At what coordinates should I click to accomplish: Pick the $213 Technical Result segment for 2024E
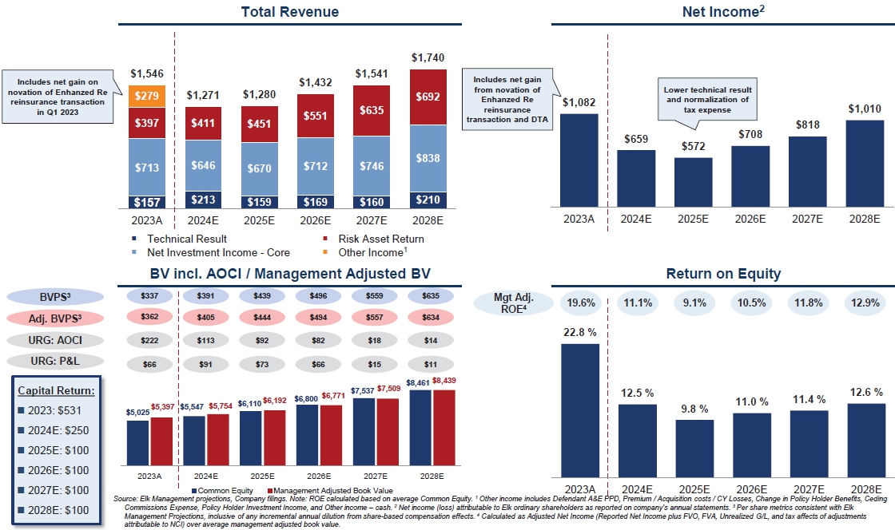coord(204,200)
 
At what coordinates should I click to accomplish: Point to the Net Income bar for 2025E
coord(694,183)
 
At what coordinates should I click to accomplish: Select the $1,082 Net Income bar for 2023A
coord(579,160)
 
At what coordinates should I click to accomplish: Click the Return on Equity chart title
coord(723,275)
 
